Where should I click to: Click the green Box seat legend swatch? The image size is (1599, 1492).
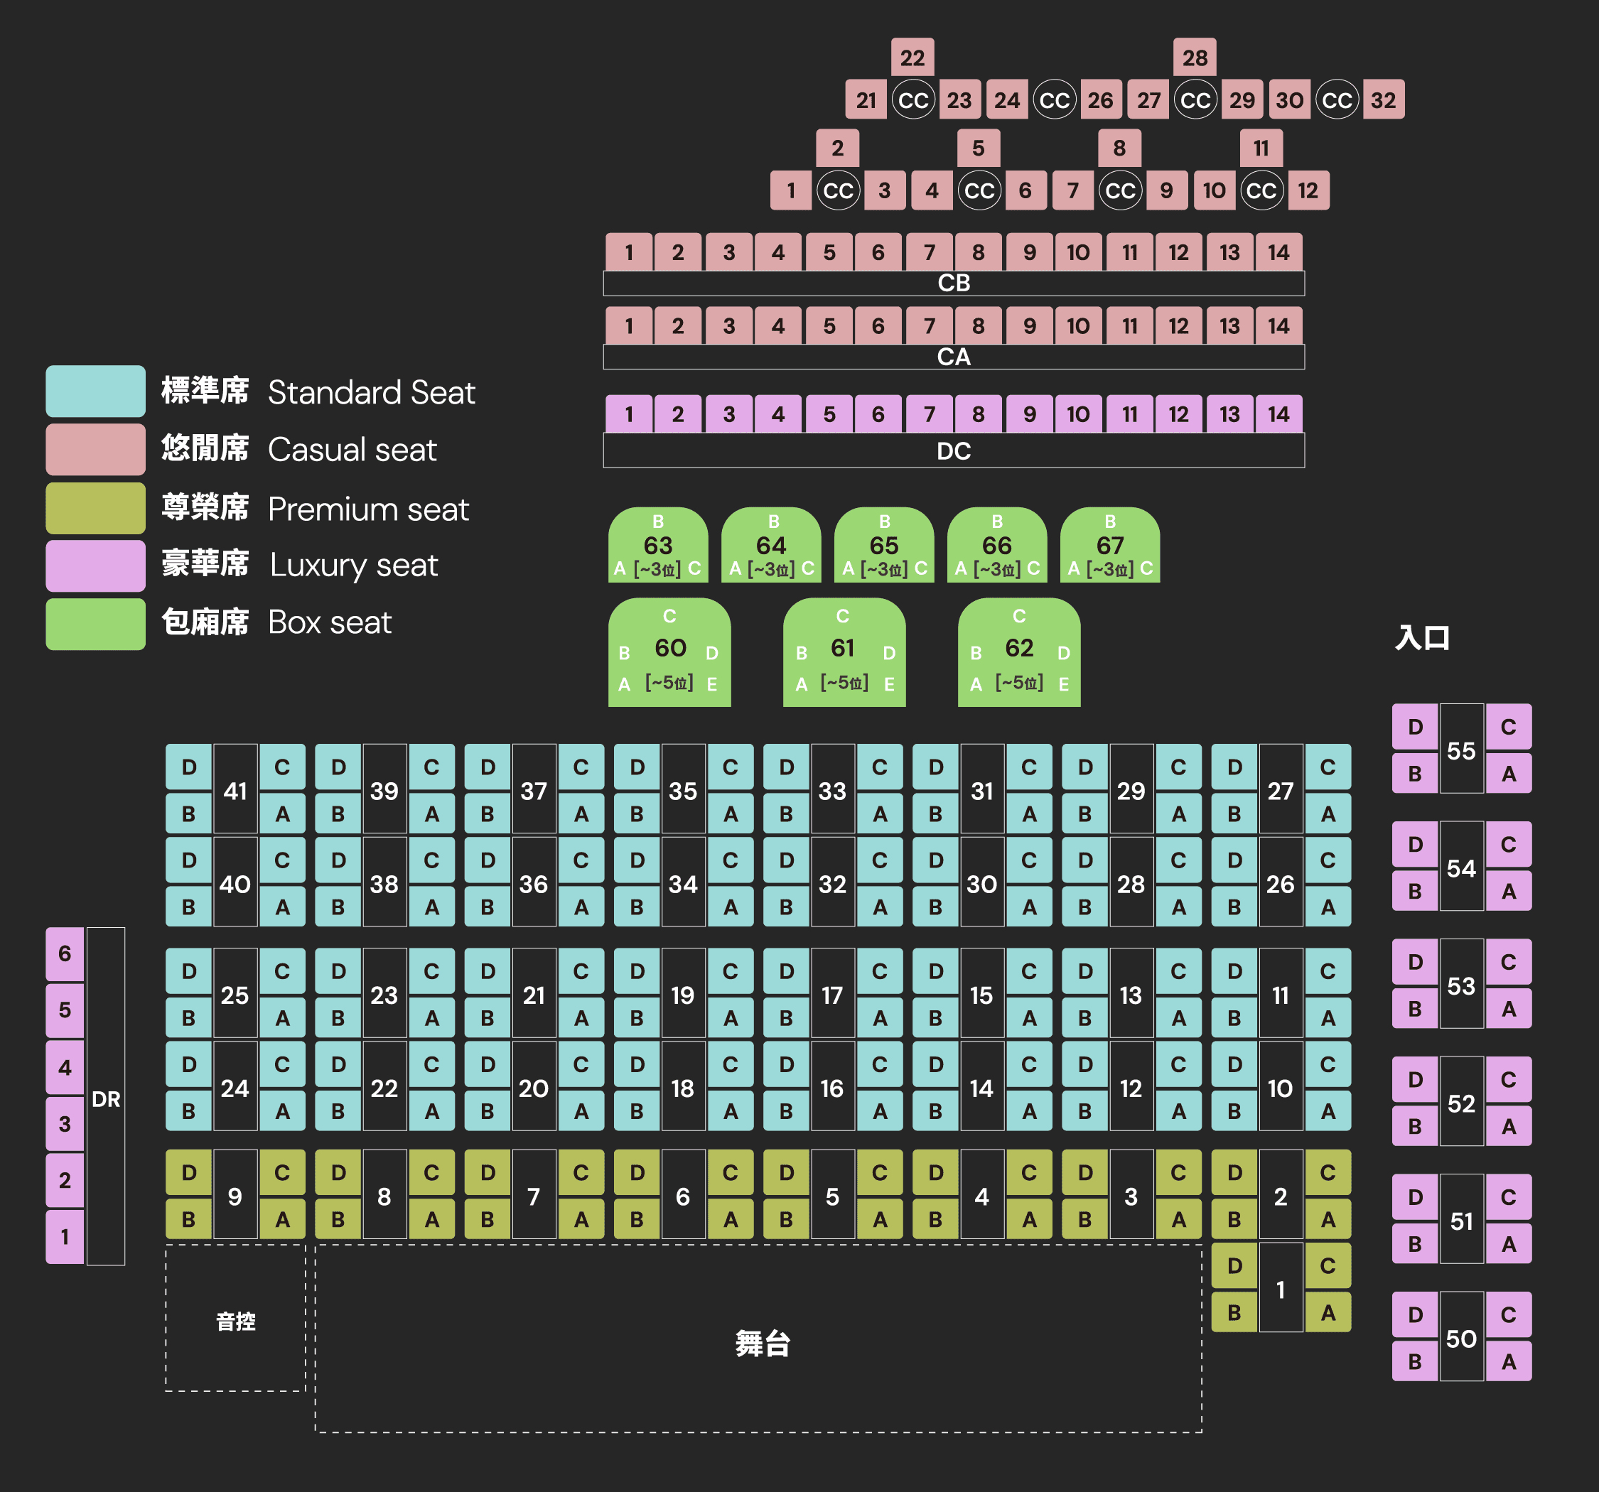[95, 623]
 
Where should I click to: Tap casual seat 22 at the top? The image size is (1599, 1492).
[912, 57]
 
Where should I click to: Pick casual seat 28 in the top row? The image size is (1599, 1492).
[1195, 57]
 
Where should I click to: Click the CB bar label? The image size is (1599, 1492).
[953, 283]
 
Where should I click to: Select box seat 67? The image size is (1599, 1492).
[1110, 546]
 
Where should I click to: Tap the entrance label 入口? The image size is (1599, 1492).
[1422, 638]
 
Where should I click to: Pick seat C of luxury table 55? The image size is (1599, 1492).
[1508, 727]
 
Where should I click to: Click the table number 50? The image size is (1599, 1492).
[1461, 1339]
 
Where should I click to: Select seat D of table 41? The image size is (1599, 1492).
[189, 767]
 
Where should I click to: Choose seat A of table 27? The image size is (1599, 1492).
[1328, 814]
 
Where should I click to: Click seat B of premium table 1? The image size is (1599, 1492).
[1234, 1313]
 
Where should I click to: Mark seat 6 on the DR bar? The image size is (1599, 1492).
[65, 954]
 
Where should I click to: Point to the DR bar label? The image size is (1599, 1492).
[106, 1098]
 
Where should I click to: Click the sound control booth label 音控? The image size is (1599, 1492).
[236, 1321]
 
